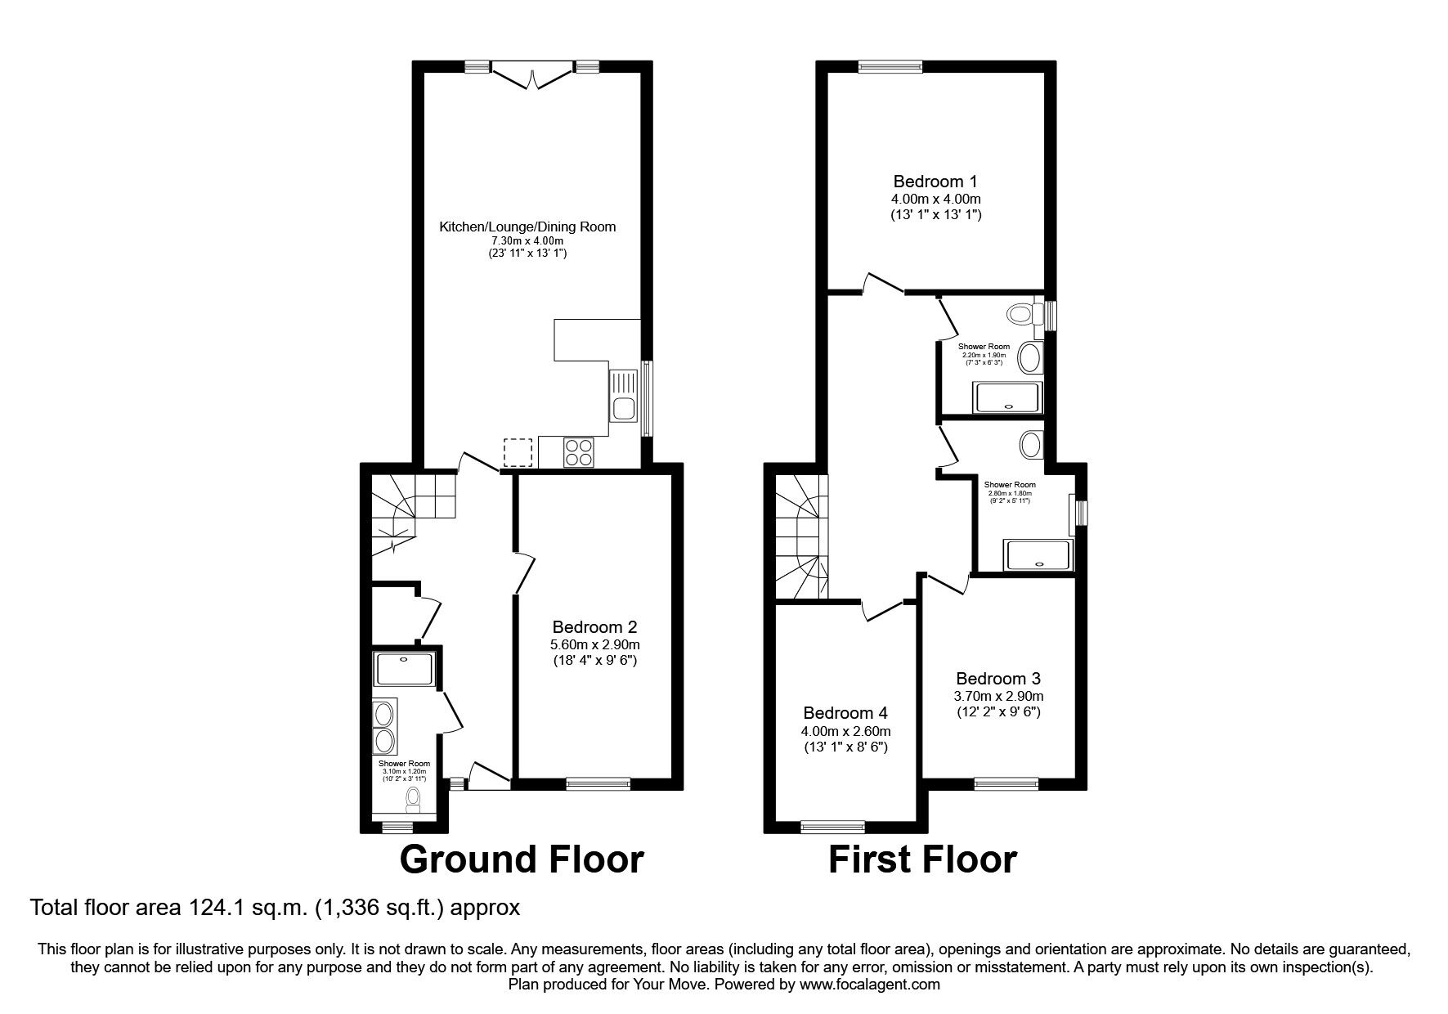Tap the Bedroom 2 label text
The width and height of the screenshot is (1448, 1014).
594,627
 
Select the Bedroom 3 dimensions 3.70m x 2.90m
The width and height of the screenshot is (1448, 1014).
998,696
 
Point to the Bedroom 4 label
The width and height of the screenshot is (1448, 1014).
845,713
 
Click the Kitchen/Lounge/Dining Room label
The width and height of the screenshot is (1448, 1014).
527,227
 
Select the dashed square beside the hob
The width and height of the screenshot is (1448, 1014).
518,452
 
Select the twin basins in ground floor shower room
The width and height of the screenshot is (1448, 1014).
383,727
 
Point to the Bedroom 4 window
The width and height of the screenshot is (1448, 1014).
832,827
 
